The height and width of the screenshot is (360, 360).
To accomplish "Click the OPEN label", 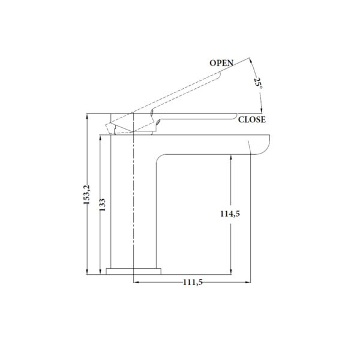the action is (x=221, y=63).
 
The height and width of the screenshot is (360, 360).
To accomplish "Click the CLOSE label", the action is (x=252, y=119).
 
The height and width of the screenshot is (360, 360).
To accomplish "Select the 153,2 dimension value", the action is (x=87, y=194).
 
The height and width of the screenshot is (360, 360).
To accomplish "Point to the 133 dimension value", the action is (x=103, y=205).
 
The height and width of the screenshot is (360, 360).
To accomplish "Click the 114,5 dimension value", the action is (x=230, y=214).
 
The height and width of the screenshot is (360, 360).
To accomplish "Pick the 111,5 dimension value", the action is (x=193, y=282).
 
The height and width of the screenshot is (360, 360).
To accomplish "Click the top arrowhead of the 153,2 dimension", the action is (x=87, y=116).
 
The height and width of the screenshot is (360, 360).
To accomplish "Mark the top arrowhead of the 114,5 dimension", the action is (x=231, y=157).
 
